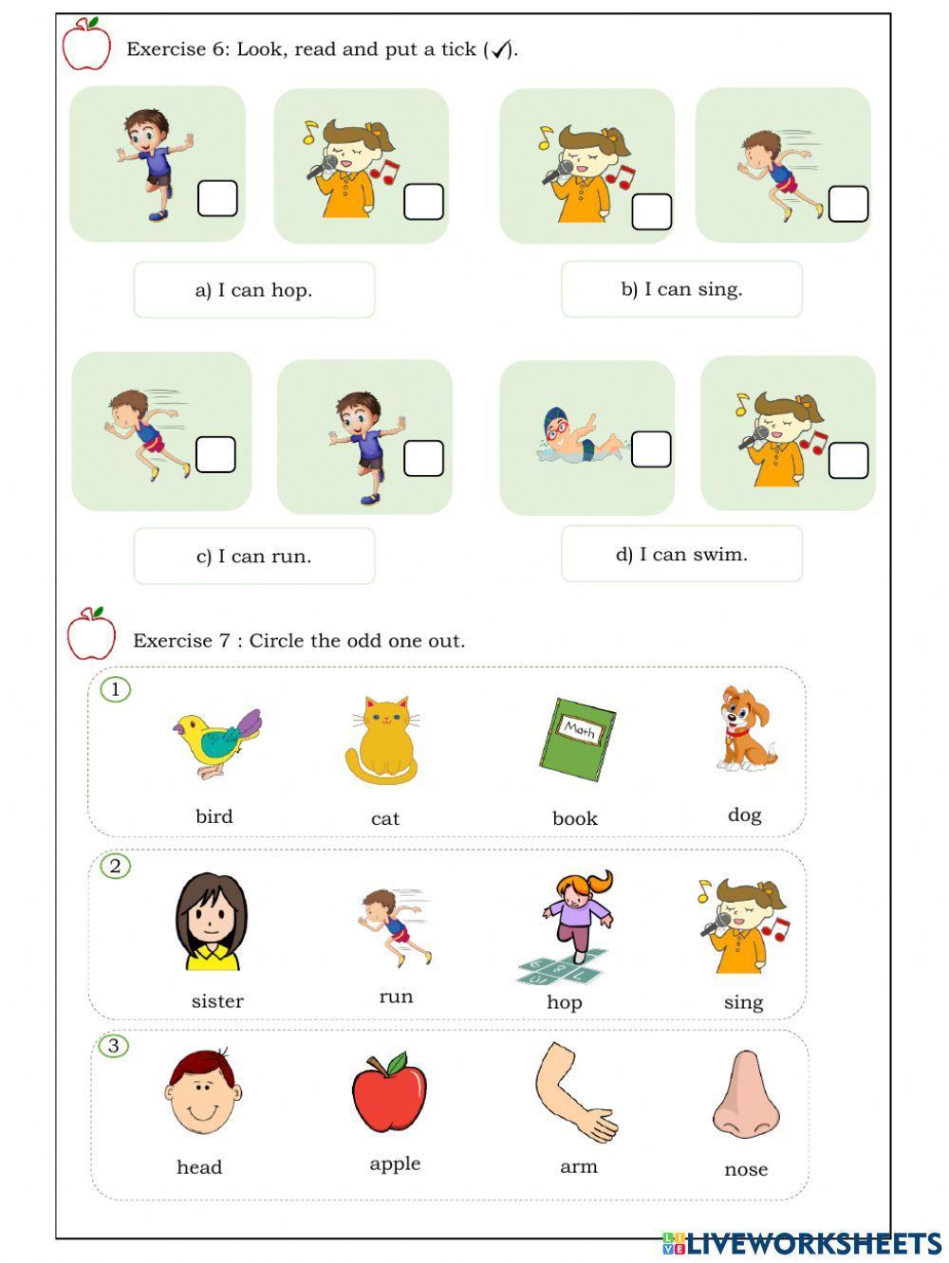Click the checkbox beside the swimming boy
651,449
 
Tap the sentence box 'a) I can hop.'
253,290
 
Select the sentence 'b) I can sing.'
681,289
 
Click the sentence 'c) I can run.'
253,556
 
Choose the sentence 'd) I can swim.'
681,555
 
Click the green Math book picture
577,740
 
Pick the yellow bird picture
216,741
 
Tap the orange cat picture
381,741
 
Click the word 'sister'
217,1001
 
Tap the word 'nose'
746,1170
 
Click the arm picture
573,1092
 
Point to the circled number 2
116,866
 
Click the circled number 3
114,1046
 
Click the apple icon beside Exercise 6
86,45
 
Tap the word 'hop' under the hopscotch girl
564,1002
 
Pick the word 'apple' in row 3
395,1164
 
